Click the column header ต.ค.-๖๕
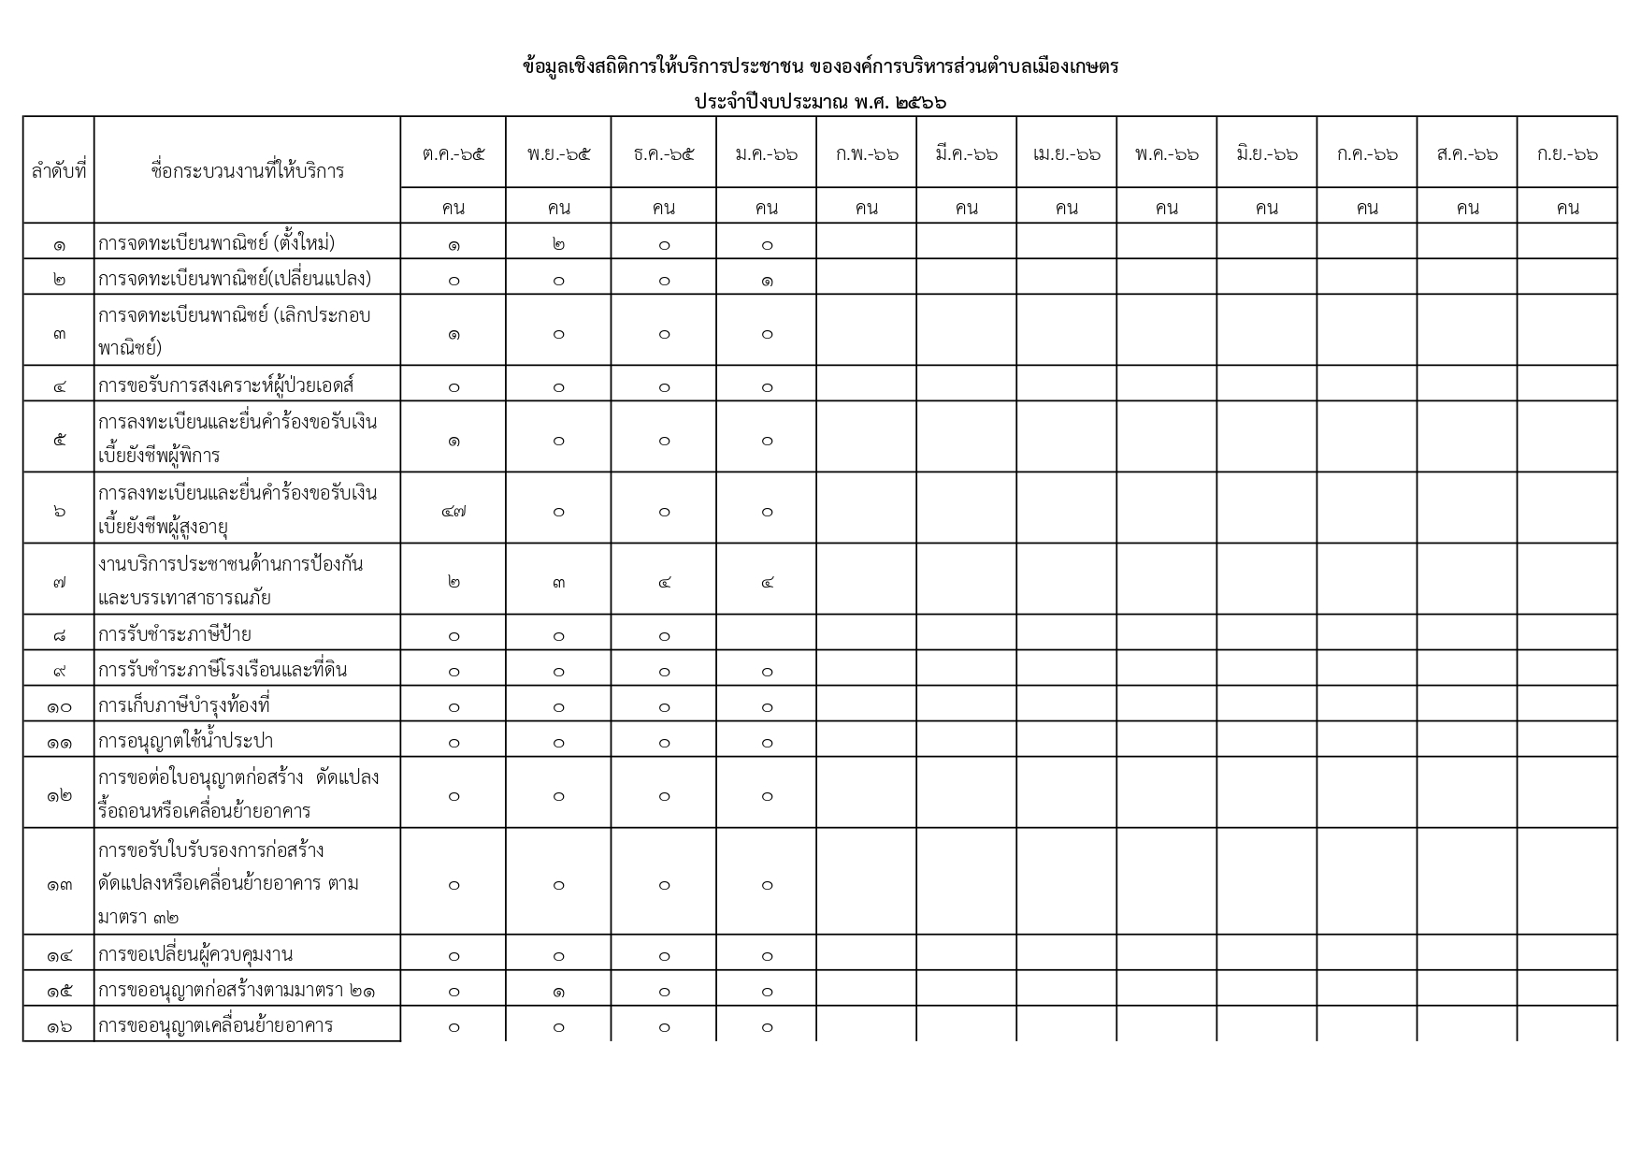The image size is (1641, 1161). [453, 153]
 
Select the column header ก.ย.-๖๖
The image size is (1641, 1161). [1567, 153]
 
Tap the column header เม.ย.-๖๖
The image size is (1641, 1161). [1066, 153]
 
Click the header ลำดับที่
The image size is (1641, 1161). [59, 170]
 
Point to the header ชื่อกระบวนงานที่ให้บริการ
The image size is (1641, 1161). [247, 170]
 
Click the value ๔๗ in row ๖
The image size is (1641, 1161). [453, 511]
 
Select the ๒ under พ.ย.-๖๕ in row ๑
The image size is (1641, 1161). [558, 244]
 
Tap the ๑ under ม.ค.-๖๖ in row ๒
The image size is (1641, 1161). [767, 280]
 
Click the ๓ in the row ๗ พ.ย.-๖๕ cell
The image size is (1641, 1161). [558, 582]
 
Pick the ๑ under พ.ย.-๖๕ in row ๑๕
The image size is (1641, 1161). [558, 991]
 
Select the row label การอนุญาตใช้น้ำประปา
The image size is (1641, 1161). [185, 741]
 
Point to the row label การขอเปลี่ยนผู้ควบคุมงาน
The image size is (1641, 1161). [195, 954]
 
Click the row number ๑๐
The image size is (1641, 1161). [59, 706]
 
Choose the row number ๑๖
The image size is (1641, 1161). [59, 1026]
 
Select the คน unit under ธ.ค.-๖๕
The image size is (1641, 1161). [664, 207]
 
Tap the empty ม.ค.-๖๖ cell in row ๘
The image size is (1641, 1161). [767, 634]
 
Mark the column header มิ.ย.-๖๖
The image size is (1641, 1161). [1266, 153]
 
